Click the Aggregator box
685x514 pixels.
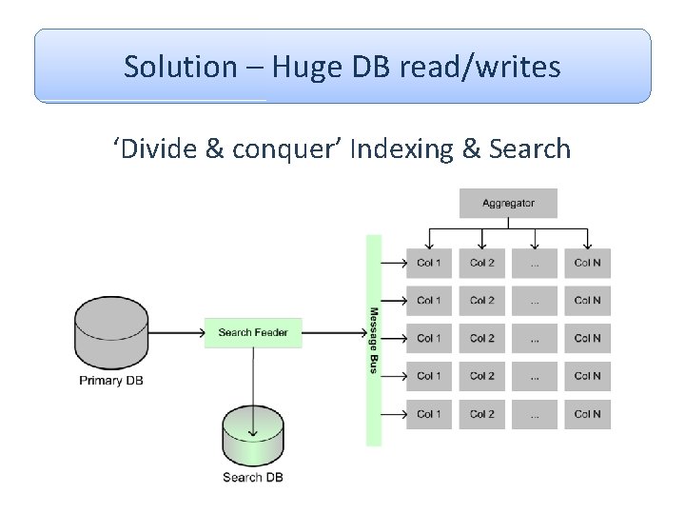(x=508, y=203)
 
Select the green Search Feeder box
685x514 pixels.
(x=253, y=332)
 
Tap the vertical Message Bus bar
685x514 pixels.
(x=374, y=340)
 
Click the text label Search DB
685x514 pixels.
(x=253, y=477)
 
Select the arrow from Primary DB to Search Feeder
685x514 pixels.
(x=177, y=332)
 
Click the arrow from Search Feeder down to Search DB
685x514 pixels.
(x=253, y=390)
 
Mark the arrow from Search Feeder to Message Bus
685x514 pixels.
(x=333, y=332)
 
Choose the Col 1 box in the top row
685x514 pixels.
(x=429, y=263)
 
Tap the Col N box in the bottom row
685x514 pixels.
(x=587, y=414)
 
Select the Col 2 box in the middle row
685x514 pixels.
(x=482, y=338)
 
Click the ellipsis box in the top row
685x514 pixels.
(x=535, y=263)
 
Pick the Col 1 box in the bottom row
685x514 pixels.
(x=429, y=414)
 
